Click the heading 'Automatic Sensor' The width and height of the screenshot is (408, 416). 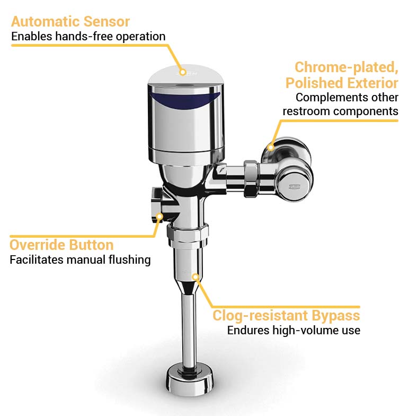pyautogui.click(x=70, y=22)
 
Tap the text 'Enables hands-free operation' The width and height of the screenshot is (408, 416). pyautogui.click(x=88, y=37)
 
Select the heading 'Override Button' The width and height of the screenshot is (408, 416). pyautogui.click(x=61, y=245)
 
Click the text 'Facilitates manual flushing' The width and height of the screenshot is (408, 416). pyautogui.click(x=80, y=260)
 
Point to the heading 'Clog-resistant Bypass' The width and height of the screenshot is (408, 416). pyautogui.click(x=286, y=316)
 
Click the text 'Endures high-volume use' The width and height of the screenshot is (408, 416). pyautogui.click(x=294, y=330)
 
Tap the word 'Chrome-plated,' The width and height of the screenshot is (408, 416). pyautogui.click(x=346, y=67)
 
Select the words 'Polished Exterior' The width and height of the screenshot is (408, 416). pyautogui.click(x=342, y=83)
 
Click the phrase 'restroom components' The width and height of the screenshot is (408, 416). pyautogui.click(x=340, y=111)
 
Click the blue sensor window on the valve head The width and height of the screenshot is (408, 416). pyautogui.click(x=184, y=99)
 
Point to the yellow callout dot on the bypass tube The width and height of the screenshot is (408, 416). pyautogui.click(x=195, y=276)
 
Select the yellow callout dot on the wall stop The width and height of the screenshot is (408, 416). pyautogui.click(x=271, y=147)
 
